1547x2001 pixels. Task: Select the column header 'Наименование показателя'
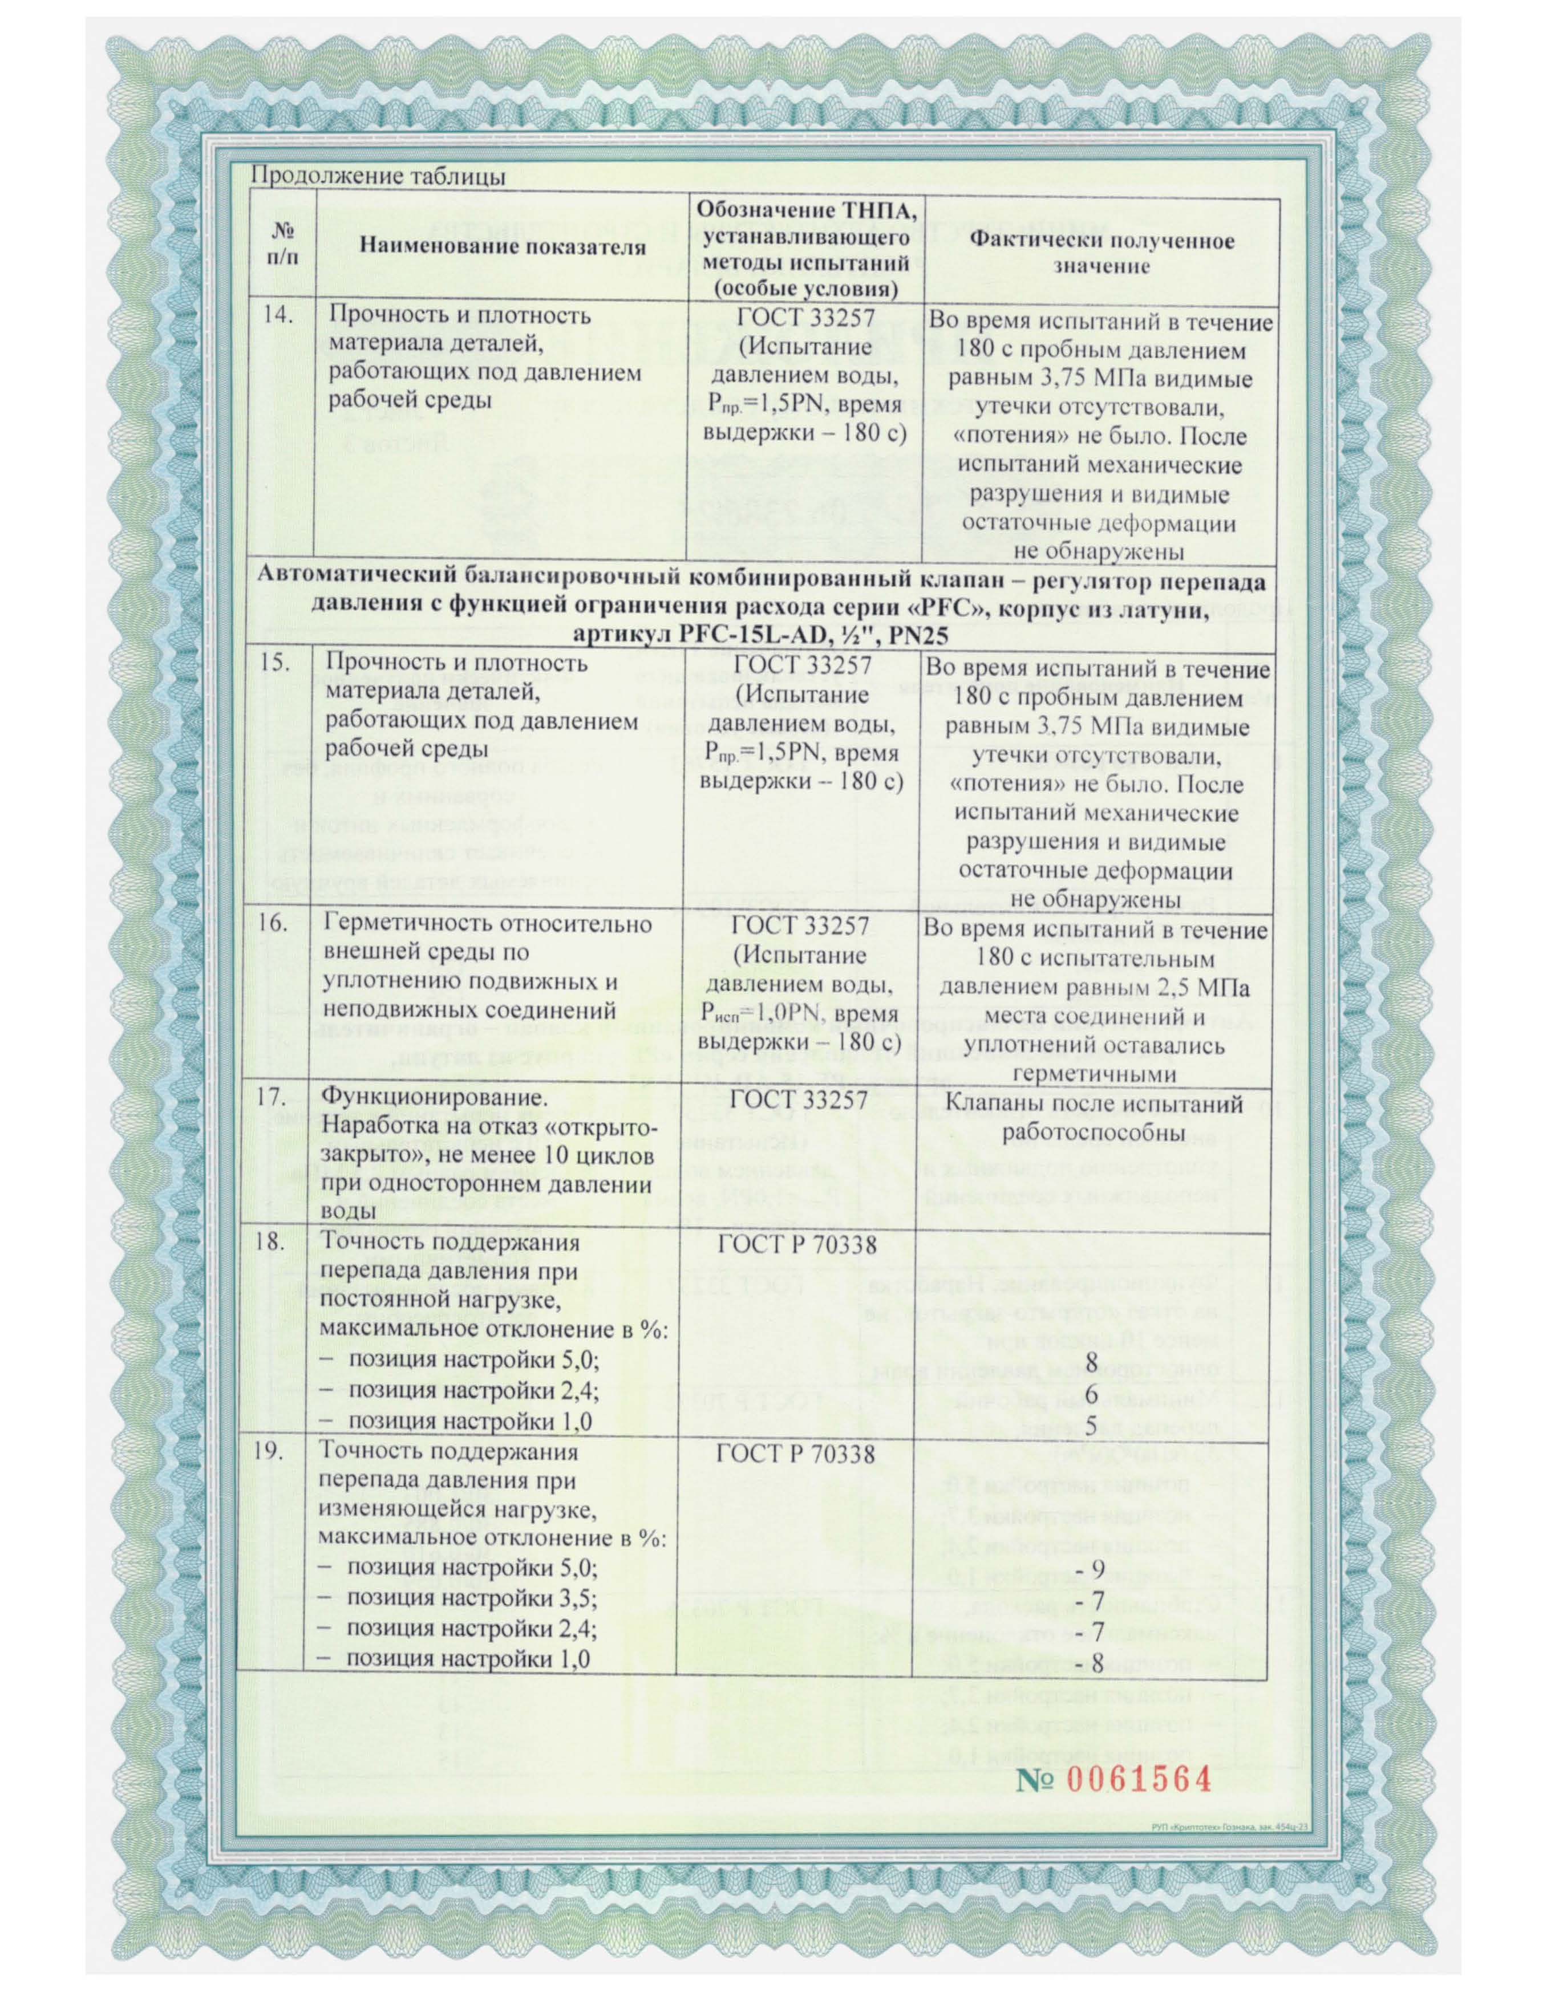501,246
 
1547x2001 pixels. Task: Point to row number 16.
276,924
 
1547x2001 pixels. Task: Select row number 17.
276,1102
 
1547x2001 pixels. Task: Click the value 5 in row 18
1091,1423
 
